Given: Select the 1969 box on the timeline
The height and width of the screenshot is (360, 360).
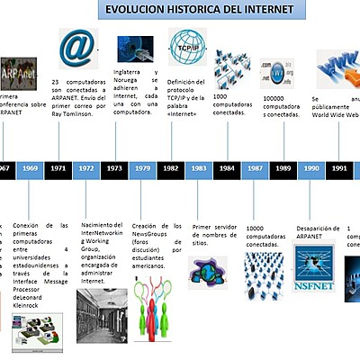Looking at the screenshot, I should pos(30,168).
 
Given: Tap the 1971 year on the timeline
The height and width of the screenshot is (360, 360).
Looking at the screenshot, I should pos(58,168).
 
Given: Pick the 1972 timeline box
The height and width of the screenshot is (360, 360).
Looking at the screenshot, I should pos(86,168).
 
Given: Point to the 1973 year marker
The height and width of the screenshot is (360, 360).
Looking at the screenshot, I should pos(114,168).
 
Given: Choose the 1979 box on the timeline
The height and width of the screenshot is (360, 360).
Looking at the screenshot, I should pos(142,168).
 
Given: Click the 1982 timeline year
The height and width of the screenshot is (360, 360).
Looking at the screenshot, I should pos(170,168).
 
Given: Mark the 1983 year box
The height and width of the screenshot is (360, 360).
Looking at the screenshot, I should pos(199,168).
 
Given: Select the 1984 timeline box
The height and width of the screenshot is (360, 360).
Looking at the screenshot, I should pos(227,168).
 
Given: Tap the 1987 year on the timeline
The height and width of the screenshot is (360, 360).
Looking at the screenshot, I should pos(256,168).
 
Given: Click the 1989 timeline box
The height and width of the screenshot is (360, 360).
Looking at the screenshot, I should pos(283,168).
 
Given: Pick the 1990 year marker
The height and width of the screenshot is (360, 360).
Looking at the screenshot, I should pos(311,168).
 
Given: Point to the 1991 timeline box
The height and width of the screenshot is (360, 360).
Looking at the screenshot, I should pos(339,168).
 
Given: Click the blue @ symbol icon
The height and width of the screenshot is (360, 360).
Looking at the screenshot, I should pos(76,45).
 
